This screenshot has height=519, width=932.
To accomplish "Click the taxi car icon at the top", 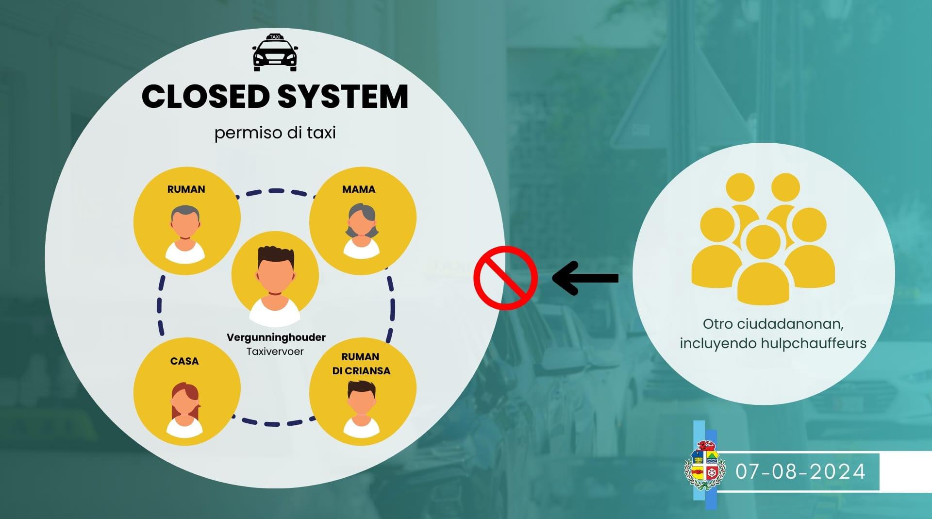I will [x=275, y=53].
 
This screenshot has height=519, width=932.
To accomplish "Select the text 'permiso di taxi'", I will [x=275, y=133].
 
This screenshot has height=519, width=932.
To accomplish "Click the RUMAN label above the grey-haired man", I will [x=186, y=189].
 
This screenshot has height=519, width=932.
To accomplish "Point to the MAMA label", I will [x=359, y=189].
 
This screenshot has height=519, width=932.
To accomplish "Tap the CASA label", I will [x=184, y=361].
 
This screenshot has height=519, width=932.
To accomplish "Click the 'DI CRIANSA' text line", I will [x=361, y=371].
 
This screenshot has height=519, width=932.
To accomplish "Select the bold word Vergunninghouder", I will [x=276, y=337].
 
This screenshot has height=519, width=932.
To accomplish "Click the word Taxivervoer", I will [x=275, y=352].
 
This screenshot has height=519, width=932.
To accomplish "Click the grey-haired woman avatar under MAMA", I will [x=361, y=230].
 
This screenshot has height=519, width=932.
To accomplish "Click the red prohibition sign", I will [x=506, y=278].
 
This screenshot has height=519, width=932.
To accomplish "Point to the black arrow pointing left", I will [x=585, y=278].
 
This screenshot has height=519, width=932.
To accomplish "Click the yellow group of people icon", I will [x=763, y=238].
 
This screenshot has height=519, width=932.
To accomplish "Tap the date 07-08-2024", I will [x=800, y=471].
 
